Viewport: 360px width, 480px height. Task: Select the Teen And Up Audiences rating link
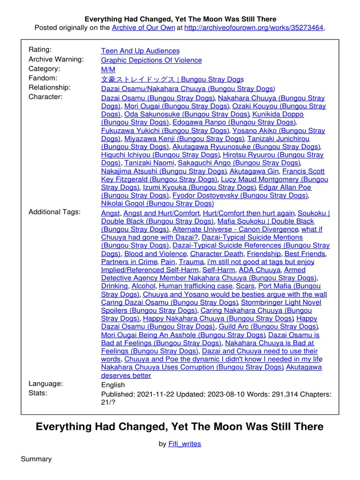tap(140, 51)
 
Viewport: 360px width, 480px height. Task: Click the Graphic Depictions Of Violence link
tap(151, 60)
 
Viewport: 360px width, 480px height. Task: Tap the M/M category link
tap(108, 69)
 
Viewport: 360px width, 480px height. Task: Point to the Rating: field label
tap(40, 50)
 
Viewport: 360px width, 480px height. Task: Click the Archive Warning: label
tap(56, 59)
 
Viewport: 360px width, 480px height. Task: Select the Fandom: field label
tap(43, 78)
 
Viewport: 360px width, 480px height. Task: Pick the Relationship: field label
tap(50, 87)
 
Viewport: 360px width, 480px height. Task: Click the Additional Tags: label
tap(54, 212)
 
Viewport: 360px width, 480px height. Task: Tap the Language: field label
tap(46, 383)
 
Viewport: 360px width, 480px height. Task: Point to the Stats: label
tap(38, 393)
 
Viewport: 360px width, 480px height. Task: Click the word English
tap(113, 385)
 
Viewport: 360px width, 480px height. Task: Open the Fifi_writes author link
tap(185, 444)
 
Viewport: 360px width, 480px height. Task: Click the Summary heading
tap(36, 459)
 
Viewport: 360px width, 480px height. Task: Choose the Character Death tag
tap(217, 254)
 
